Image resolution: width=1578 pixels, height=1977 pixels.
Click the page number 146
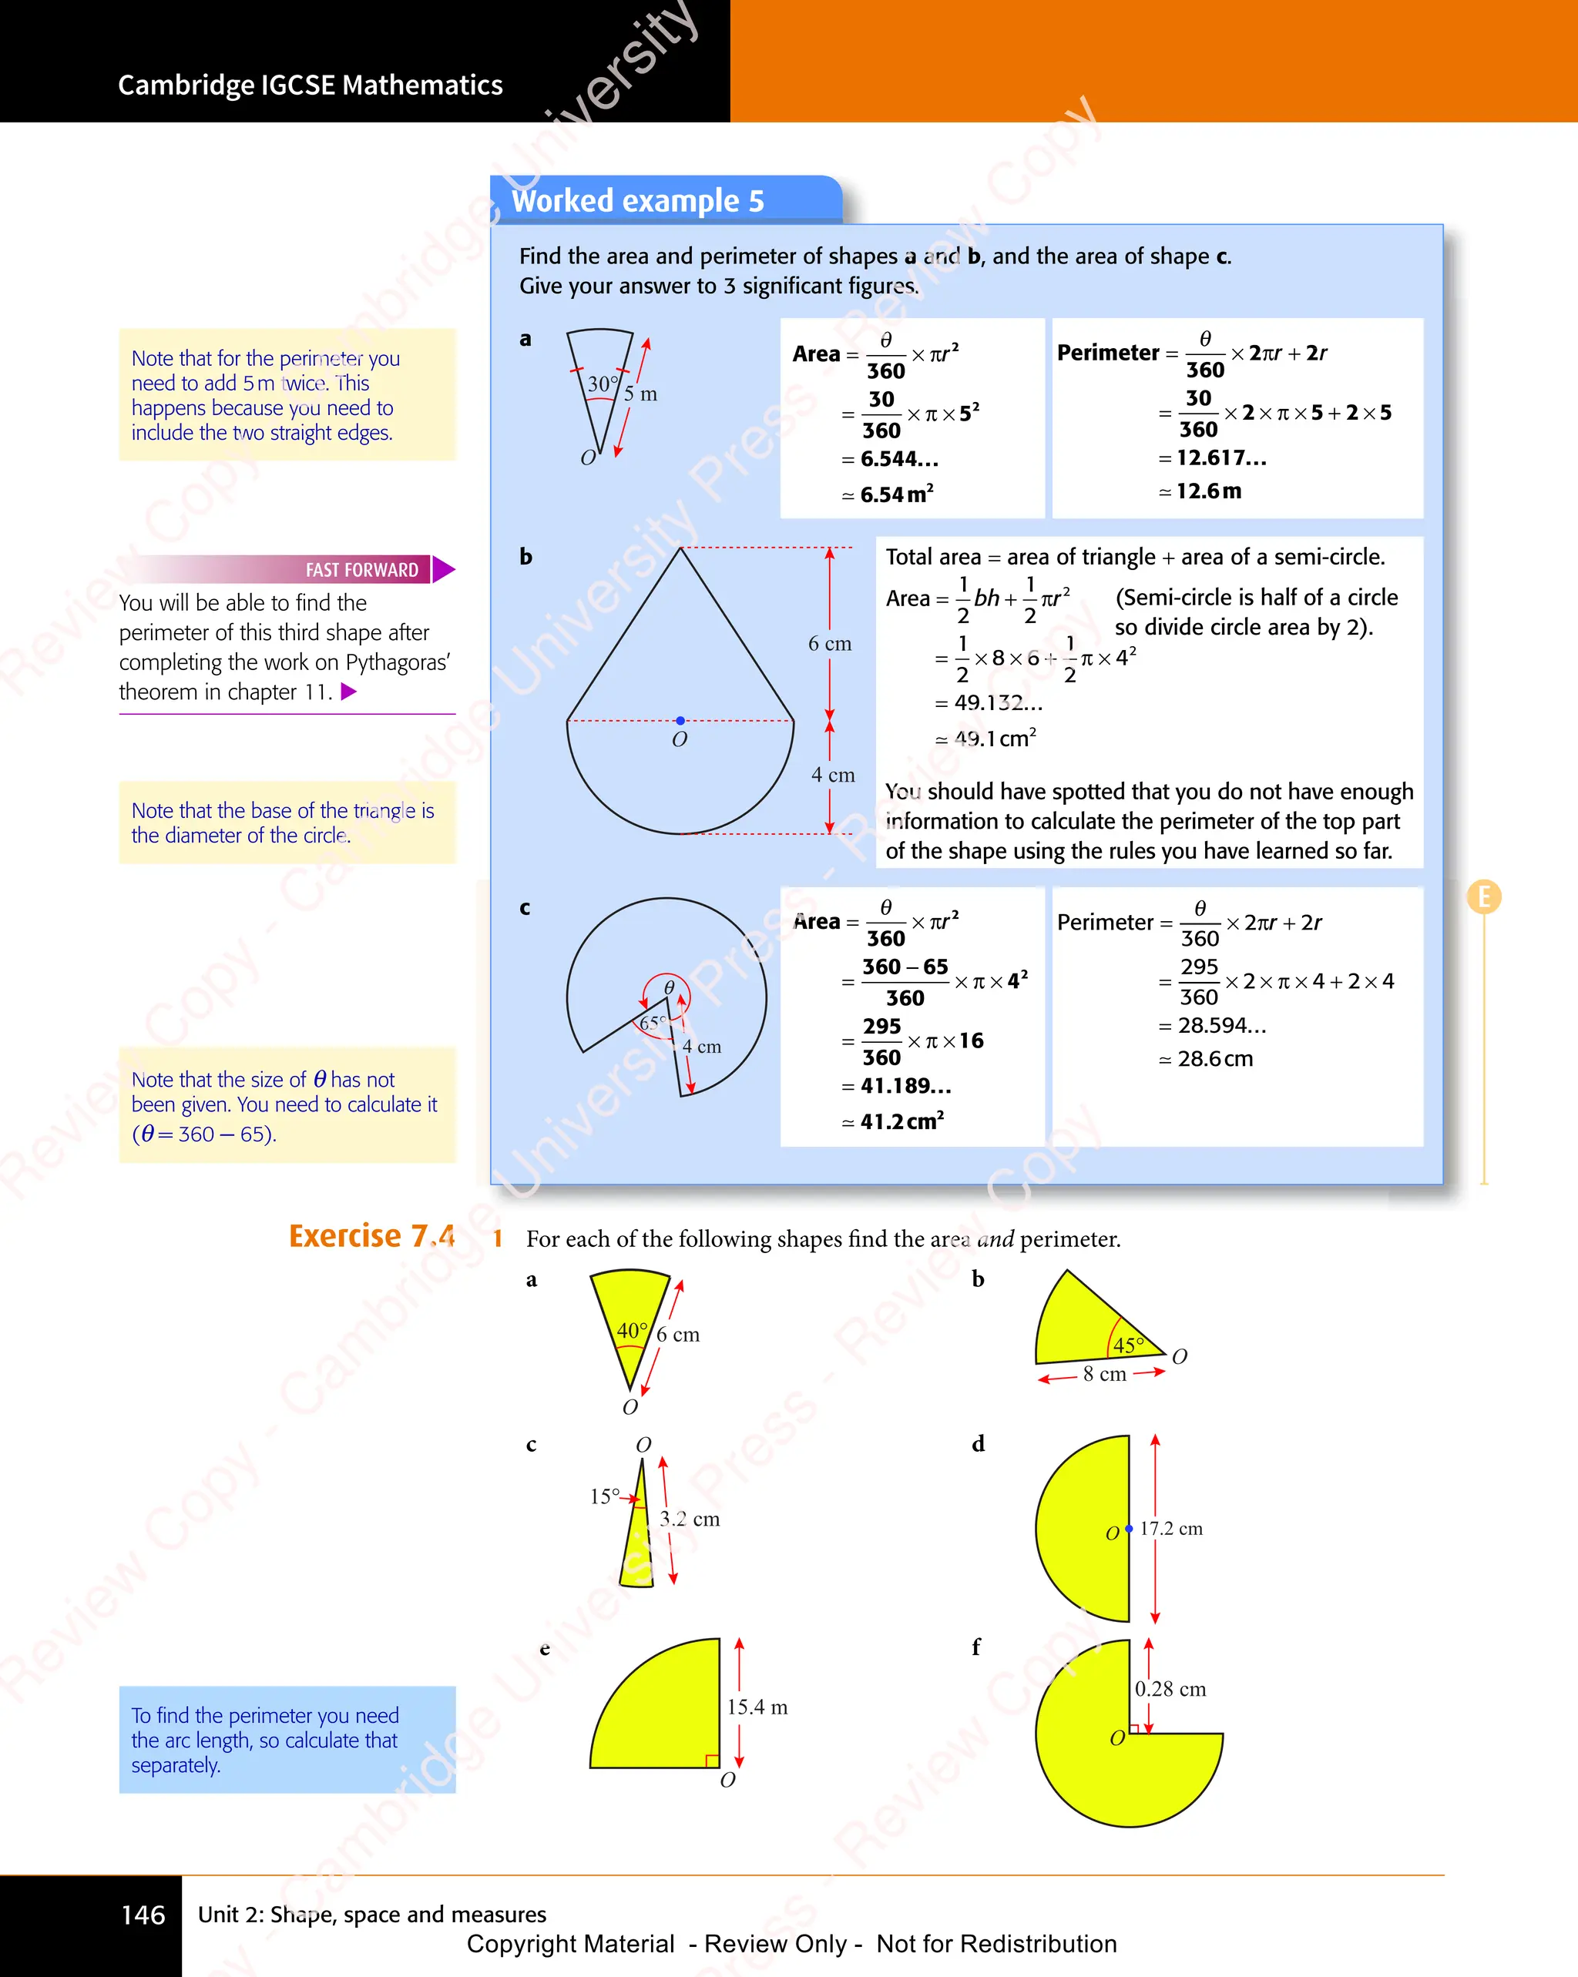click(x=143, y=1915)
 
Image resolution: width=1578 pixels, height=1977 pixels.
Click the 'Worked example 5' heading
click(x=638, y=201)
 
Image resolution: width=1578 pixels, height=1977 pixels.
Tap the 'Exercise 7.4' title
click(x=371, y=1236)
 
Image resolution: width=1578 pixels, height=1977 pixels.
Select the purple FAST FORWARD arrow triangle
click(x=443, y=569)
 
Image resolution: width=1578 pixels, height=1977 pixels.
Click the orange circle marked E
click(x=1483, y=896)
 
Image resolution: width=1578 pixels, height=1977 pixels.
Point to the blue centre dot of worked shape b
click(x=680, y=721)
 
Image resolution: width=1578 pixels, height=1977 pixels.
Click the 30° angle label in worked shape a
click(x=603, y=384)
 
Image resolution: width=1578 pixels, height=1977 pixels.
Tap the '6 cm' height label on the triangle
click(x=829, y=644)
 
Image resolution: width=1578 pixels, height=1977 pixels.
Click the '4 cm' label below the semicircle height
click(x=832, y=775)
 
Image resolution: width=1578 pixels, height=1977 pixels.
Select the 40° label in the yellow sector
click(x=632, y=1329)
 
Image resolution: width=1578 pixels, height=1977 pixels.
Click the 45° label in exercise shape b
click(x=1129, y=1345)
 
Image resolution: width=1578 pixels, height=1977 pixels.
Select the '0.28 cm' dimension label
click(x=1170, y=1689)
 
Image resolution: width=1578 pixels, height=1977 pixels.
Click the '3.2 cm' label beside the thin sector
click(x=689, y=1520)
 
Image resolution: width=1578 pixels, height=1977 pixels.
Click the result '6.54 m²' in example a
click(x=896, y=494)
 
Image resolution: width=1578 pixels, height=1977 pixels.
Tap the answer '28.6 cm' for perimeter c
click(x=1214, y=1059)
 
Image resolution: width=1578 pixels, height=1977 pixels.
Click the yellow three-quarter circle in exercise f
click(x=1101, y=1770)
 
